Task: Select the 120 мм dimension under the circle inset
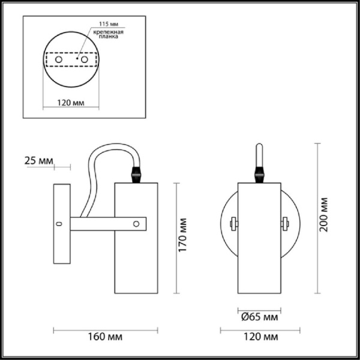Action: click(x=70, y=103)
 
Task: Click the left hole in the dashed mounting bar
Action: click(x=58, y=61)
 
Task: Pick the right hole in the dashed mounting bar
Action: click(x=85, y=61)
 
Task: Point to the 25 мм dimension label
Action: click(x=38, y=160)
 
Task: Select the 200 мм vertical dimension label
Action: click(x=324, y=217)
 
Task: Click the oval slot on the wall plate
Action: click(x=59, y=224)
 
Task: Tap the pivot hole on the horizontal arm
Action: click(x=137, y=224)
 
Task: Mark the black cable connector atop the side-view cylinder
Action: click(x=136, y=174)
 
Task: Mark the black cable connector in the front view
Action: click(x=260, y=174)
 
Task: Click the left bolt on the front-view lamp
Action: click(x=233, y=224)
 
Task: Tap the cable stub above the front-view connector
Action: click(x=260, y=153)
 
